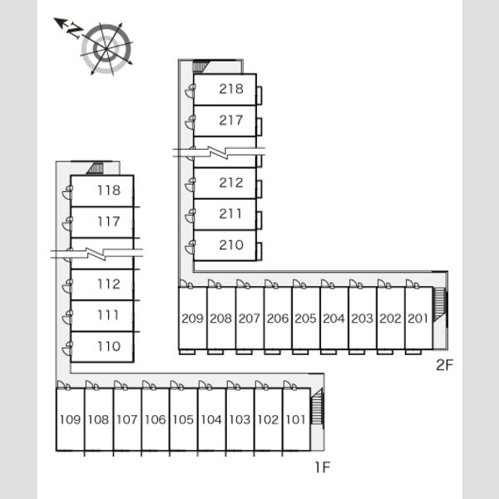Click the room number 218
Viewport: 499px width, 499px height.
pyautogui.click(x=231, y=89)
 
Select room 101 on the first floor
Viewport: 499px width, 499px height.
pyautogui.click(x=296, y=419)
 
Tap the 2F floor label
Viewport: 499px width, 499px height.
pyautogui.click(x=444, y=365)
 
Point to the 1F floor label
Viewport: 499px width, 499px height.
pyautogui.click(x=323, y=467)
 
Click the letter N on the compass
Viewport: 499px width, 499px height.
pyautogui.click(x=75, y=30)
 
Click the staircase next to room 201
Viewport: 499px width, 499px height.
pyautogui.click(x=441, y=305)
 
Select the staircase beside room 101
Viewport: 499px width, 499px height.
pyautogui.click(x=318, y=407)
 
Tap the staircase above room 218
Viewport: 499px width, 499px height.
pyautogui.click(x=200, y=67)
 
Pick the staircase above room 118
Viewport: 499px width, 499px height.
pyautogui.click(x=95, y=168)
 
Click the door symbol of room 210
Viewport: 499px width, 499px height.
pyautogui.click(x=190, y=247)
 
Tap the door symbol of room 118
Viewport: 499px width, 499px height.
pyautogui.click(x=67, y=192)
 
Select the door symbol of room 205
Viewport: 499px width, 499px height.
pyautogui.click(x=299, y=284)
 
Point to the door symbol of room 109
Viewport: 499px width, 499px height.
pyautogui.click(x=63, y=385)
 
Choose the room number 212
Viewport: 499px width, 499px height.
pyautogui.click(x=231, y=183)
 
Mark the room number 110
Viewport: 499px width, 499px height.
pyautogui.click(x=109, y=346)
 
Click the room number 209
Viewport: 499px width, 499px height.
pyautogui.click(x=192, y=319)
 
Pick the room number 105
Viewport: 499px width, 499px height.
pyautogui.click(x=183, y=419)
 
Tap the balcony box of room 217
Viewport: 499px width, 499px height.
pyautogui.click(x=259, y=126)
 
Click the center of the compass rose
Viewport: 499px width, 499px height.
pyautogui.click(x=106, y=49)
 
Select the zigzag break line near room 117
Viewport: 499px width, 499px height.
pyautogui.click(x=96, y=254)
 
